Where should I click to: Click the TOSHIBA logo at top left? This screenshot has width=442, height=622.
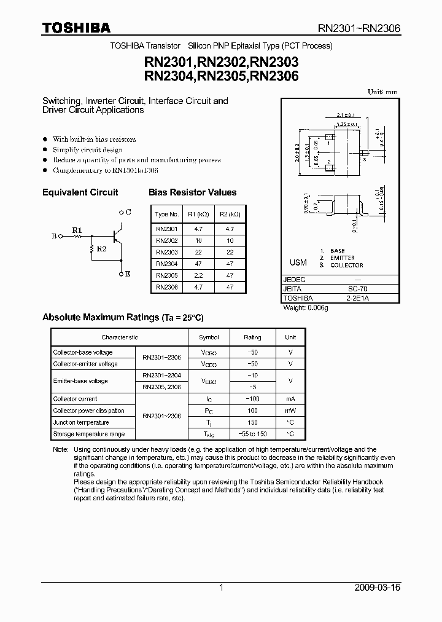coord(76,28)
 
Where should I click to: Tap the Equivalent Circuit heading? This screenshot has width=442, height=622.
coord(80,192)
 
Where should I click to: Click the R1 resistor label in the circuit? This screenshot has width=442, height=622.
coord(77,230)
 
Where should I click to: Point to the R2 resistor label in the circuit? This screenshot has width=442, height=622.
coord(103,249)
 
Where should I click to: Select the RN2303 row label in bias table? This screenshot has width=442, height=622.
coord(166,253)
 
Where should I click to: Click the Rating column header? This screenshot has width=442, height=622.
coord(252,337)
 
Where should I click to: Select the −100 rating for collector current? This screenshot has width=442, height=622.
coord(252,399)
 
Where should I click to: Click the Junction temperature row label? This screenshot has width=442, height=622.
coord(81,422)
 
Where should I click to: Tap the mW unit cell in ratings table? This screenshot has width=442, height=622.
coord(290,411)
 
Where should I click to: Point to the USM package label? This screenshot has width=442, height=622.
coord(298,262)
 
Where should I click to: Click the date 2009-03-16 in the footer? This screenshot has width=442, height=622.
coord(378,588)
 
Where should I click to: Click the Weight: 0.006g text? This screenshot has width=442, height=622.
coord(306,307)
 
